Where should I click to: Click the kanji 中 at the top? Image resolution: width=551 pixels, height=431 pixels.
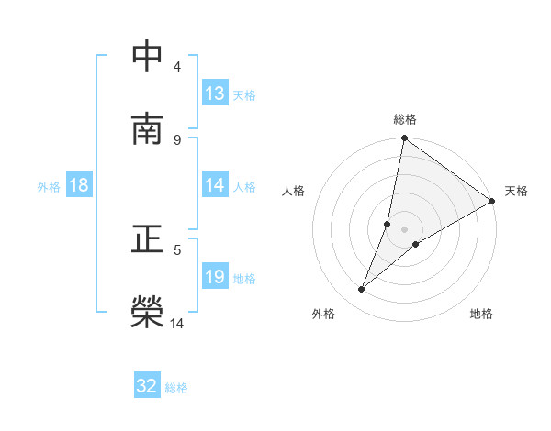(x=148, y=57)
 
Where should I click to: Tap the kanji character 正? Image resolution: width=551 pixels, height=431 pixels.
(x=148, y=239)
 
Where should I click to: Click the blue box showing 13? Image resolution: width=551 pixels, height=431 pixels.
(x=215, y=94)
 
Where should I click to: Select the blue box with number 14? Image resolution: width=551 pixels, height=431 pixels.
(x=215, y=185)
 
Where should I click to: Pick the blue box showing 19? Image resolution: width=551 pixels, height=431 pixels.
(x=215, y=277)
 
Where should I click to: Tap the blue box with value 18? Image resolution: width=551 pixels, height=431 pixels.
(x=79, y=185)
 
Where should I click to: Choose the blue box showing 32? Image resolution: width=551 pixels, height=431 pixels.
(x=147, y=386)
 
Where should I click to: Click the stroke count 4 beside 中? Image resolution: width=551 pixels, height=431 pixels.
(x=176, y=67)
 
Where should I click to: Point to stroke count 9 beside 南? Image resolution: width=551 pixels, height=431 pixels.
(x=176, y=139)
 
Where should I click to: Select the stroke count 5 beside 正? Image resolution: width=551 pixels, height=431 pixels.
(x=176, y=249)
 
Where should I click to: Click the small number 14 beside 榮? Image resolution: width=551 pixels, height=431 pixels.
(x=177, y=322)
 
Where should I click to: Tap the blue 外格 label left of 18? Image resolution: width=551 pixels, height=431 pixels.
(x=49, y=186)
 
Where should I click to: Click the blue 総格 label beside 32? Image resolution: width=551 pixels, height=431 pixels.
(x=176, y=387)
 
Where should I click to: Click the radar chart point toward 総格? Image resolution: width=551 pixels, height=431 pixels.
(x=404, y=139)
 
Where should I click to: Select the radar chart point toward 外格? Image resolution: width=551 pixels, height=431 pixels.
(x=362, y=290)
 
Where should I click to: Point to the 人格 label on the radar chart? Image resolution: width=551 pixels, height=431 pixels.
(x=293, y=191)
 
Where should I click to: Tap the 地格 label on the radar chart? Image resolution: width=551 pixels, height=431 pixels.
(x=481, y=314)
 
